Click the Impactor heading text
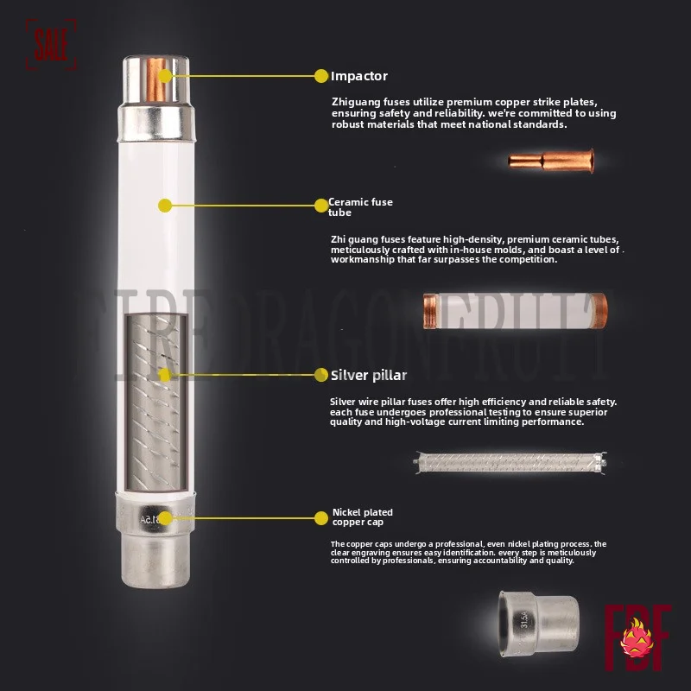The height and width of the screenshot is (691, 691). pos(359,76)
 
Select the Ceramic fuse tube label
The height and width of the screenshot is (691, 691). pos(360,207)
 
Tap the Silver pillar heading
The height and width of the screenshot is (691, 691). pos(369,376)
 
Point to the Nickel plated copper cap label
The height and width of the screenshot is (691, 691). pos(364,517)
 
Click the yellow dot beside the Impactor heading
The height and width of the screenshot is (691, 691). pos(321,76)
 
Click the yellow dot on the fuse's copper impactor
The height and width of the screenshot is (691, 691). pos(165,76)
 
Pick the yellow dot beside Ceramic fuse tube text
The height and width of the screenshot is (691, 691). pos(320,206)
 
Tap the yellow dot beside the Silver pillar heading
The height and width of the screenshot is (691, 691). pos(321,376)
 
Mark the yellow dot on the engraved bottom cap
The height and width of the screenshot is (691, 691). pos(165,517)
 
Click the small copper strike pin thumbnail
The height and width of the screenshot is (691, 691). pos(538,160)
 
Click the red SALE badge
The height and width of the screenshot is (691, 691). pos(51,44)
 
